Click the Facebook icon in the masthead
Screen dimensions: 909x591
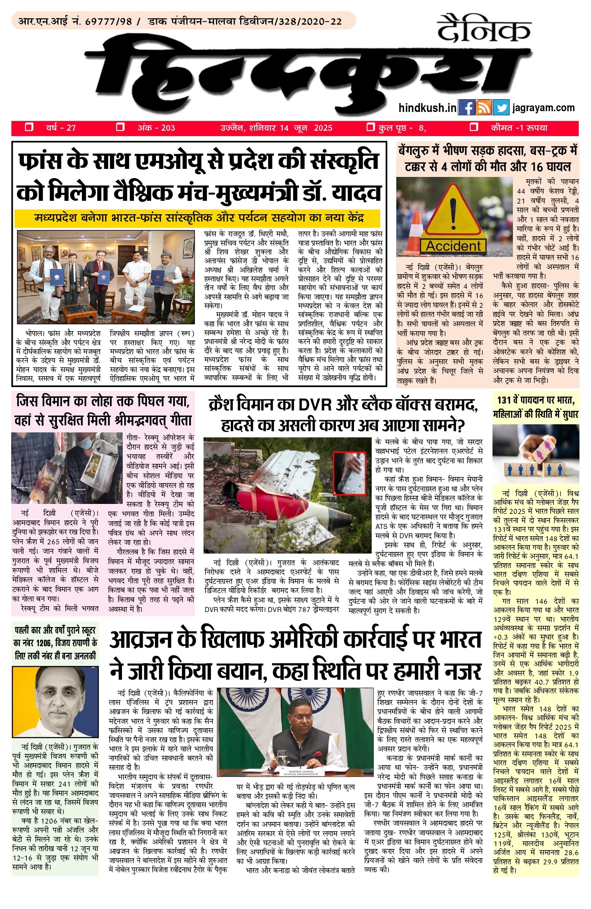tap(466, 108)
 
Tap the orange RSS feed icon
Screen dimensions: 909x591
tap(483, 108)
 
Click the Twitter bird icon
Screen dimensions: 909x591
tap(501, 108)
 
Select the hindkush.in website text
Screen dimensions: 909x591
tap(427, 108)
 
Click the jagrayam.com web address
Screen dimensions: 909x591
tap(543, 108)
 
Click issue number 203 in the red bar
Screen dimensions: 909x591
tap(168, 128)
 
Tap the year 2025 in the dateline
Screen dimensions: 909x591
tap(323, 128)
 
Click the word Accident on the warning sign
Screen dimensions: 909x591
tap(453, 246)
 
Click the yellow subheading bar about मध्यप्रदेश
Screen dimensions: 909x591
tap(197, 218)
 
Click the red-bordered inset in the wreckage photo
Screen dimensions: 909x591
tap(349, 473)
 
